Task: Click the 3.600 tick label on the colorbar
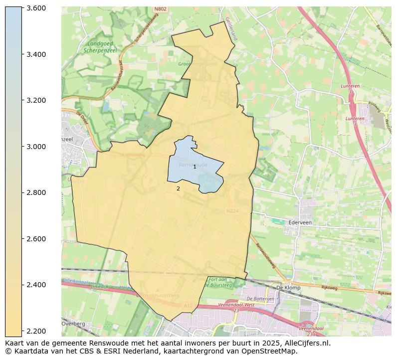tap(36, 8)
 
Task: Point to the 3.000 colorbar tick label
tap(36, 147)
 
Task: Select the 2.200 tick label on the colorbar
tap(36, 331)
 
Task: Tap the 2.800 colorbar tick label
tap(36, 193)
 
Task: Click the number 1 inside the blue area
tap(195, 167)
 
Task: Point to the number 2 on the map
tap(178, 188)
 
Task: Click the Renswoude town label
tap(193, 164)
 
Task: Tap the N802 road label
tap(160, 9)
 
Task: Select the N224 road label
tap(232, 211)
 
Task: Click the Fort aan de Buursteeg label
tap(220, 283)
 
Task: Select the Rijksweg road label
tap(329, 288)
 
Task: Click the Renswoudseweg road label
tap(265, 255)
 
